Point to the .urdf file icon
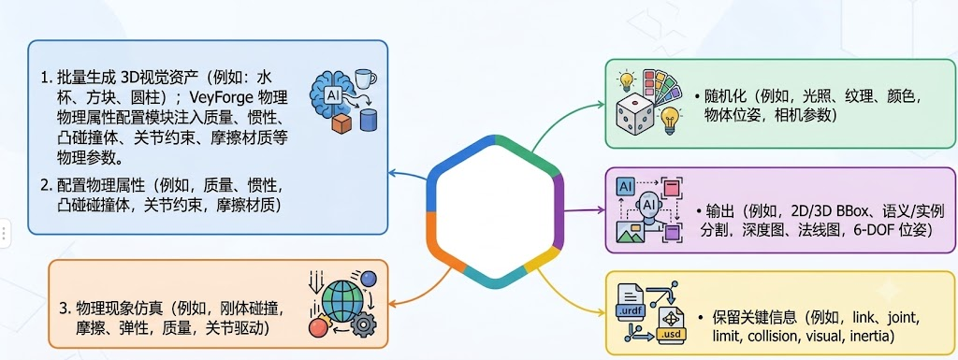pyautogui.click(x=631, y=301)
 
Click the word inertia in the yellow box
pyautogui.click(x=871, y=336)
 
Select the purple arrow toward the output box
pyautogui.click(x=583, y=210)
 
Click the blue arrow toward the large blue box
pyautogui.click(x=408, y=175)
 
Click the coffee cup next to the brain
pyautogui.click(x=366, y=79)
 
